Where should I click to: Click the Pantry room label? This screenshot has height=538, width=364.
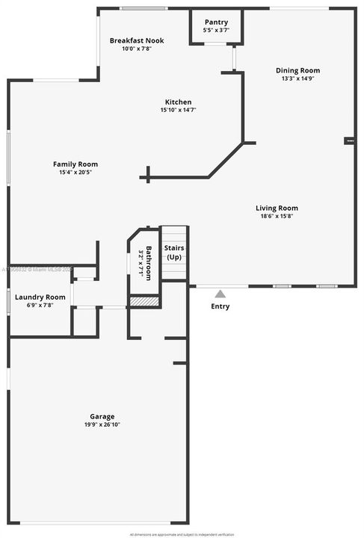(217, 22)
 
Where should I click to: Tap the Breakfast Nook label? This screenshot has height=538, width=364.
(137, 40)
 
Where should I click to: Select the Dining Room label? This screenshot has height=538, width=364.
(300, 70)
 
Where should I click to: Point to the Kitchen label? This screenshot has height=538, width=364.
(178, 102)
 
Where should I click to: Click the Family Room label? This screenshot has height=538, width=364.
(75, 164)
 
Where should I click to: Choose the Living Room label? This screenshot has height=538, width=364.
(277, 208)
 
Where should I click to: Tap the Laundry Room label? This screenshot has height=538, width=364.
(40, 297)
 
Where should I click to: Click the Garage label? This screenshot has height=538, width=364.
(102, 416)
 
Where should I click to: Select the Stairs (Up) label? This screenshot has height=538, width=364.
(174, 252)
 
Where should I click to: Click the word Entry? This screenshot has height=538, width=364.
(220, 306)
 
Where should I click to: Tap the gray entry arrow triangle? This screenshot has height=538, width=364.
(220, 294)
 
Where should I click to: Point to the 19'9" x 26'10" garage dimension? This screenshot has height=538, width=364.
(102, 424)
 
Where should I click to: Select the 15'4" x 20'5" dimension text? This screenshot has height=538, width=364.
(75, 172)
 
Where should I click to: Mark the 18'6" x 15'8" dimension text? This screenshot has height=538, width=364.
(277, 217)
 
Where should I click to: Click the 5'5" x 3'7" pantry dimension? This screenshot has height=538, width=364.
(217, 30)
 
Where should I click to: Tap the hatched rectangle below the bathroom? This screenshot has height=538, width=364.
(145, 301)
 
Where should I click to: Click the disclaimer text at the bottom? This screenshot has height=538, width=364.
(182, 534)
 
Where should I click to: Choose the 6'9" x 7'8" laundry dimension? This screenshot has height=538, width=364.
(40, 305)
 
